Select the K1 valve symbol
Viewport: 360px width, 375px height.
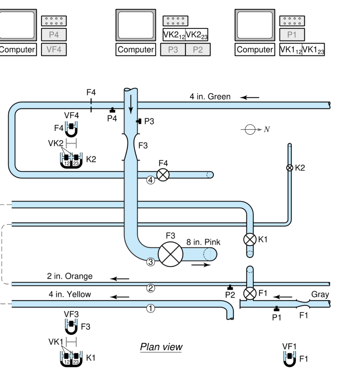[x=250, y=240]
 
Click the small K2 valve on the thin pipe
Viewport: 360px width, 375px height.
[x=290, y=168]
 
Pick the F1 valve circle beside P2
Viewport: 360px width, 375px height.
[x=250, y=294]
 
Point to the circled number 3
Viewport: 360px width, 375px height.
[x=151, y=262]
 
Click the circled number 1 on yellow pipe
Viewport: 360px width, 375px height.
[x=151, y=309]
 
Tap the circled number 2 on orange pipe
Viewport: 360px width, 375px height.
[x=151, y=289]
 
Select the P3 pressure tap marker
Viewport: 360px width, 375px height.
[x=139, y=121]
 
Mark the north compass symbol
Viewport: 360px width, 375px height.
[x=250, y=129]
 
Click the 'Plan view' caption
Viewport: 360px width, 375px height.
[x=161, y=347]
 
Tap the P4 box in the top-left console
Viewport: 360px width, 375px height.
[x=54, y=35]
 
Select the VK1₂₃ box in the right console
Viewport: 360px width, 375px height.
[x=313, y=50]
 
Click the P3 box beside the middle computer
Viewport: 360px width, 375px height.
[x=173, y=50]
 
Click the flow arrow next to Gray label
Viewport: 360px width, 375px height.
[x=285, y=296]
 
